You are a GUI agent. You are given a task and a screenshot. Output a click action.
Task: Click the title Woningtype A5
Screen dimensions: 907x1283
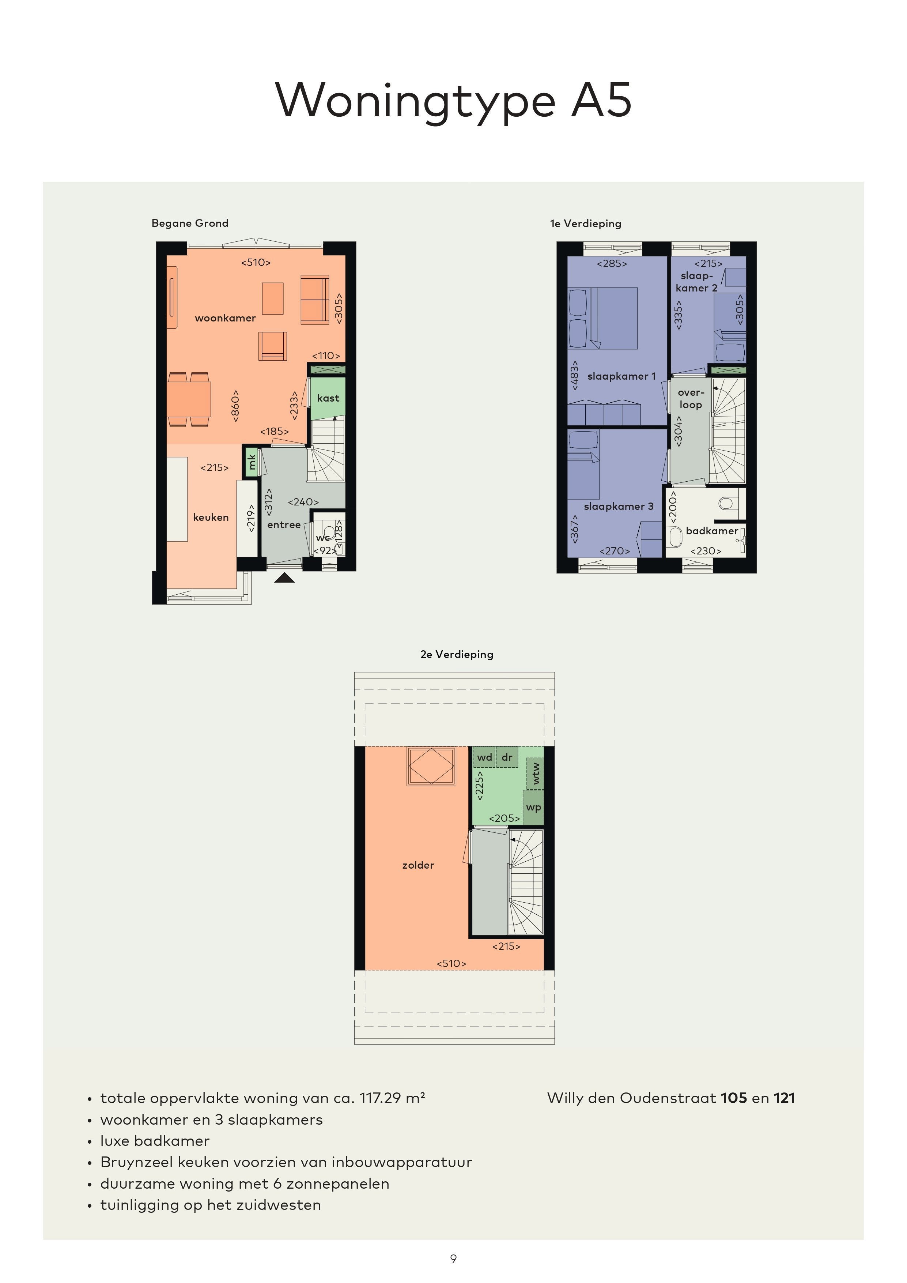tap(453, 101)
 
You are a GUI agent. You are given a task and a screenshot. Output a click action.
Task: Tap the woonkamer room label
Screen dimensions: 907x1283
tap(225, 318)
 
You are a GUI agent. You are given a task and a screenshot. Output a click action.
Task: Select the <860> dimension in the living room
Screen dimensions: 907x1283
tap(235, 406)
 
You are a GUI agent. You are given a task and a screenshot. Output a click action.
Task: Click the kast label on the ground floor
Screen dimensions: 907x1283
tap(328, 398)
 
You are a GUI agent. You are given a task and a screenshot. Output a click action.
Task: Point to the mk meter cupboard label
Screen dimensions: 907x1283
tap(252, 462)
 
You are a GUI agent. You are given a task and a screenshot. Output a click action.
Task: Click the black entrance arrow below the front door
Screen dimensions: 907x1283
tap(284, 578)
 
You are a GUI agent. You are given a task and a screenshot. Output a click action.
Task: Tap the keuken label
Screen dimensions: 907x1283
tap(211, 518)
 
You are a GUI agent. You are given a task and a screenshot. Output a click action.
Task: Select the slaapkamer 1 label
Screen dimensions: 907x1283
tap(621, 376)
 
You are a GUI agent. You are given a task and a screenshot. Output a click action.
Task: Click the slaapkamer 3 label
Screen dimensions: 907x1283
tap(618, 506)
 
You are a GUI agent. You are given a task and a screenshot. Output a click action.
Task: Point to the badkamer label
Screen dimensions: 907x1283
tap(712, 531)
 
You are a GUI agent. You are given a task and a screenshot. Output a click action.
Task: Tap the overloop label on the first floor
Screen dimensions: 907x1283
tap(691, 398)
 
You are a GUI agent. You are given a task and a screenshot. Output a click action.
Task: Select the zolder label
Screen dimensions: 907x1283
tap(418, 865)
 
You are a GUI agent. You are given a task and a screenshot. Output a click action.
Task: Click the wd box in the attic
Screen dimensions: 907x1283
tap(484, 757)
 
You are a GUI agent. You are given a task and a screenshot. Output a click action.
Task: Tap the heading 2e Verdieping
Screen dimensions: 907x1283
tap(457, 654)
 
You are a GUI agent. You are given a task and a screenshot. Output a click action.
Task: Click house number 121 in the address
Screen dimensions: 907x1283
tap(784, 1098)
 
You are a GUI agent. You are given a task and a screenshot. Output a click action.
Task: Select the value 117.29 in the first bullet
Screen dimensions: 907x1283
tap(380, 1098)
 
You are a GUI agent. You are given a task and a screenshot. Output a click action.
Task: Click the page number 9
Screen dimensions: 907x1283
tap(453, 1258)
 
